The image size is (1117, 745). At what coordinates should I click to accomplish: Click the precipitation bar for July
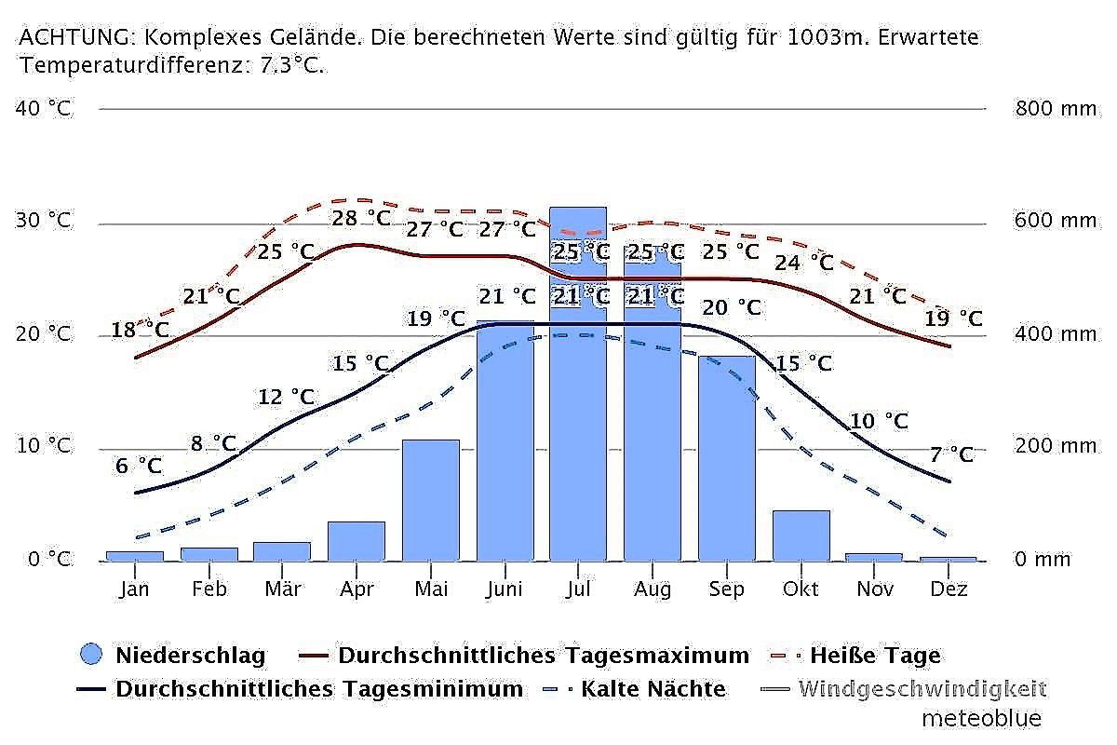[x=578, y=419]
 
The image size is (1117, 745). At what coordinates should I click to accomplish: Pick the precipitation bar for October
[x=801, y=535]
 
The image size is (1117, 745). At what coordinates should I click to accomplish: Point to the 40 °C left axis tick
[x=44, y=108]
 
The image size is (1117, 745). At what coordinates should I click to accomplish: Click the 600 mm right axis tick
[x=1055, y=221]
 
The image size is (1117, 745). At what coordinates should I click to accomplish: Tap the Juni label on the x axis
[x=504, y=589]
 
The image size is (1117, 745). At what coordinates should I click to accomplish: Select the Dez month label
[x=949, y=589]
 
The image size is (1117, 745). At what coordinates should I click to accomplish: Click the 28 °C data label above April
[x=362, y=218]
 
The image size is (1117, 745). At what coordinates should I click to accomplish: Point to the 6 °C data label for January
[x=137, y=465]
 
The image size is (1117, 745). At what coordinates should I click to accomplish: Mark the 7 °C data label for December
[x=951, y=454]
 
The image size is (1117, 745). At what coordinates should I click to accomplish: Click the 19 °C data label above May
[x=436, y=318]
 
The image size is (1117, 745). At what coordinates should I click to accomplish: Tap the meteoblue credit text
[x=981, y=718]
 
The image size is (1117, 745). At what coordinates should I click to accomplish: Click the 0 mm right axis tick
[x=1042, y=559]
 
